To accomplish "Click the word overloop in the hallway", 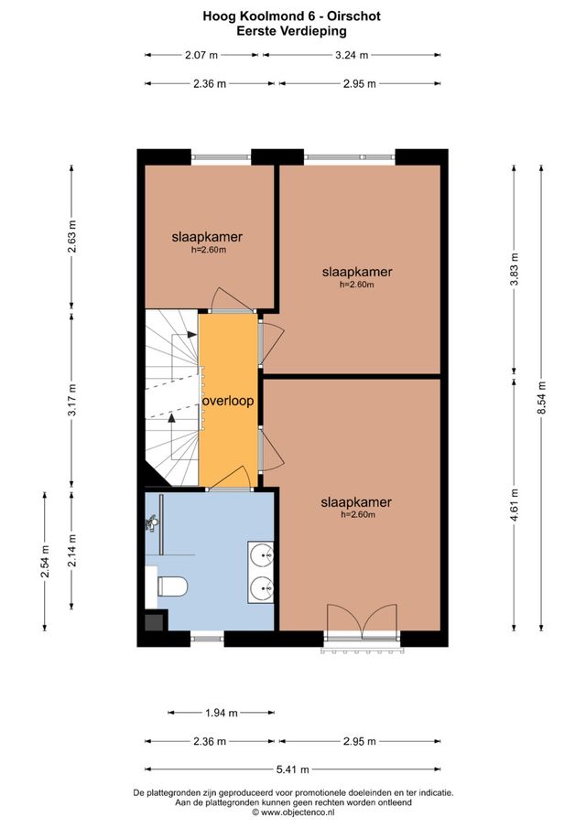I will [x=228, y=401].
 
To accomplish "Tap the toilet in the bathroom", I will [x=171, y=585].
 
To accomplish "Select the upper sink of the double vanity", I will [x=261, y=554].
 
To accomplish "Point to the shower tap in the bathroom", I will [x=152, y=524].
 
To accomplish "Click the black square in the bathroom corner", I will [x=154, y=621].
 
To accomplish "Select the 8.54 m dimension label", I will [x=541, y=396].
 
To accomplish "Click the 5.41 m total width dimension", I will [x=298, y=769].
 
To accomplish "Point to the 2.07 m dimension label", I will [x=203, y=55].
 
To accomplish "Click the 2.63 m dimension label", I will [x=72, y=235].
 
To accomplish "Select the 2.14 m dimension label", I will [x=72, y=551].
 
